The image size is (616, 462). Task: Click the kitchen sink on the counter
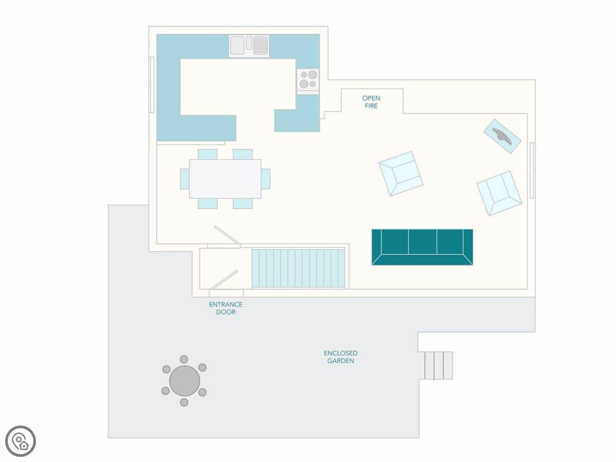249,46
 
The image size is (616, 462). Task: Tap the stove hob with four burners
308,81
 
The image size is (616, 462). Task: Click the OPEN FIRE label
371,102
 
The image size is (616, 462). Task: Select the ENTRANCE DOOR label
226,308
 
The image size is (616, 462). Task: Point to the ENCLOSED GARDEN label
341,357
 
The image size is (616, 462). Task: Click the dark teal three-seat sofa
422,247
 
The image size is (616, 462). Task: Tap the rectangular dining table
225,179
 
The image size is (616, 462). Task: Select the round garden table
184,381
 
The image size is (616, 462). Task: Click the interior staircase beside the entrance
298,268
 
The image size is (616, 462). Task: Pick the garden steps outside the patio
438,365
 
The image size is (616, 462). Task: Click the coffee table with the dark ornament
503,137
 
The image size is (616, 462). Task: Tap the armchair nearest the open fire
401,174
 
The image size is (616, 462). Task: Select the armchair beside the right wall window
499,194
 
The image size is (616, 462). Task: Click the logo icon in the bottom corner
21,441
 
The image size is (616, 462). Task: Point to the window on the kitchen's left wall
151,85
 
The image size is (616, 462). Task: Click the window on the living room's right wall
532,170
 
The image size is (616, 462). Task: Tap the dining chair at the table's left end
185,179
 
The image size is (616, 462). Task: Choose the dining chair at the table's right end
266,179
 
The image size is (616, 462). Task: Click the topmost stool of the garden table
184,359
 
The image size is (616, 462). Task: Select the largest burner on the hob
313,74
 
